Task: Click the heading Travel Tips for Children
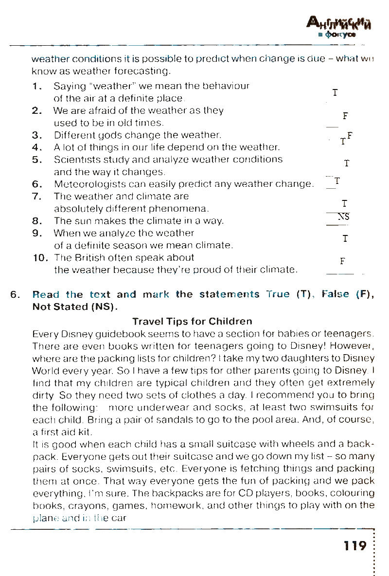192,322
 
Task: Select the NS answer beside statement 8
344,217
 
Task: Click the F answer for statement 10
342,261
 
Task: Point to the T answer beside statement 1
335,92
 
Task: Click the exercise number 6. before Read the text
15,295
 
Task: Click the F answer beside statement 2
345,116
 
